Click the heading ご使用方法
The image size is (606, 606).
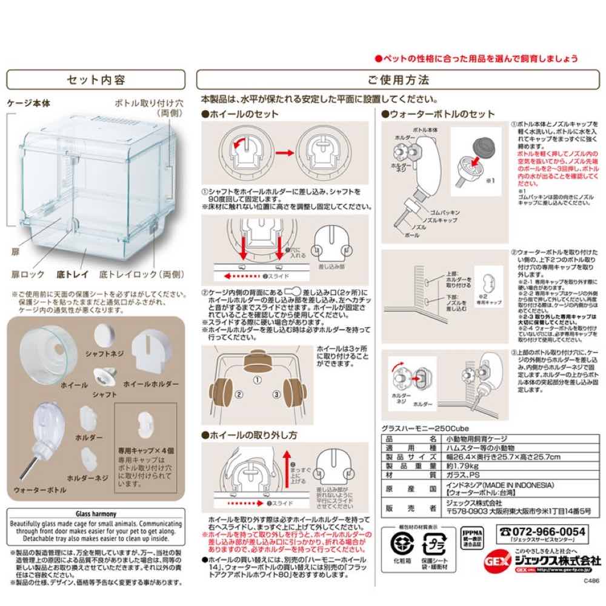click(398, 80)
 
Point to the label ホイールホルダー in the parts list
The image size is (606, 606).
click(150, 385)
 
